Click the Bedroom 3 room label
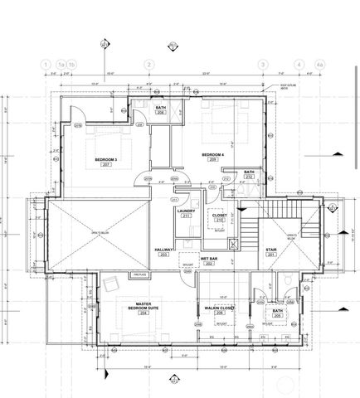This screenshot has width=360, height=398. click(105, 159)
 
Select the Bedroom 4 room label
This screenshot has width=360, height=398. click(214, 155)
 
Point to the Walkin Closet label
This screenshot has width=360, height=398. click(220, 308)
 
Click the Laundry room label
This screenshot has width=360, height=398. click(187, 211)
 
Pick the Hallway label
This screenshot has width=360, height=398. click(163, 251)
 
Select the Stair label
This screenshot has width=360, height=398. click(271, 251)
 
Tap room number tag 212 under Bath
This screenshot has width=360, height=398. click(249, 177)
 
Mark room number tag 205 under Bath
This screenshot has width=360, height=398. click(278, 315)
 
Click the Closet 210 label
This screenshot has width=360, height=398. click(220, 217)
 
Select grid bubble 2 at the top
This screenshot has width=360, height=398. click(148, 64)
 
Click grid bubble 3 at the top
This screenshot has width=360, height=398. click(263, 64)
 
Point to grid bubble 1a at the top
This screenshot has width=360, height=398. click(61, 64)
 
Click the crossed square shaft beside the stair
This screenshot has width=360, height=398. click(233, 245)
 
